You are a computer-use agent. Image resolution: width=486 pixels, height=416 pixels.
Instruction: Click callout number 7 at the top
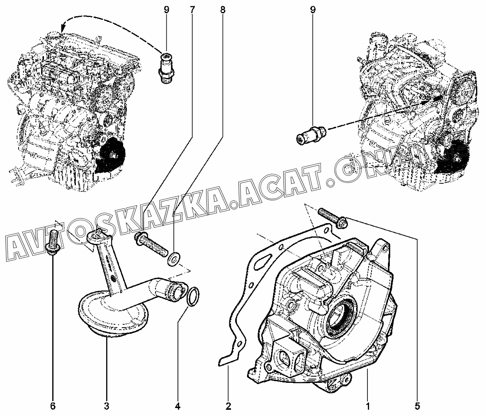tap(192, 10)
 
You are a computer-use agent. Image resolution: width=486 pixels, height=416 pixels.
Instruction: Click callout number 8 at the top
tap(223, 10)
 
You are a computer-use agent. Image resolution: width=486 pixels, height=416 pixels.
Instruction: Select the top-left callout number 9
tap(166, 10)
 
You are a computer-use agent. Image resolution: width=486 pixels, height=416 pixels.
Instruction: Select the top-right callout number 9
tap(313, 10)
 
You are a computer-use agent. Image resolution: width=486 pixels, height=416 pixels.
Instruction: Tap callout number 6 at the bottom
tap(53, 406)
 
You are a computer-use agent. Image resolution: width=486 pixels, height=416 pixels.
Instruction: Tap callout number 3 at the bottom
tap(106, 406)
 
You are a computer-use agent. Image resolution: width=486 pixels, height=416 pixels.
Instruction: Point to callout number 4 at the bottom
tap(178, 406)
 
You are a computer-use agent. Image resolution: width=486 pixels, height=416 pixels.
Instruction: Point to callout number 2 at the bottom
tap(228, 406)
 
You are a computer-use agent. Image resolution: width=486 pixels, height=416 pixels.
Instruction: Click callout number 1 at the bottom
tap(368, 406)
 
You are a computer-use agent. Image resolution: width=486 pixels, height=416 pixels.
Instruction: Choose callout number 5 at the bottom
tap(417, 406)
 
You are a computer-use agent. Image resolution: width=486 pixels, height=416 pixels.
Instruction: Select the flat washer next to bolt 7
tap(174, 258)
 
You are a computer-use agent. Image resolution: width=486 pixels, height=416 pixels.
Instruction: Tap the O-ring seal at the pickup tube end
tap(193, 296)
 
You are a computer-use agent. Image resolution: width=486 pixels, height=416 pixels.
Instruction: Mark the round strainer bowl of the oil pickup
tap(113, 313)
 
